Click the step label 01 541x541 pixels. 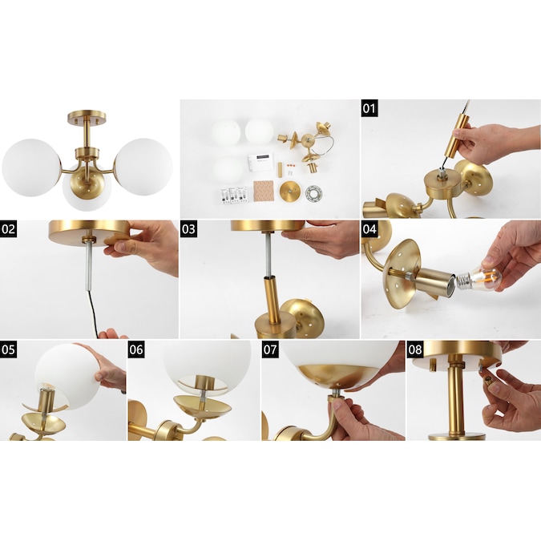[369, 108]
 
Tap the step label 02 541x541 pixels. [8, 228]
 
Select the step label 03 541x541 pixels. [188, 228]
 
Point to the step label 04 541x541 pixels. [369, 228]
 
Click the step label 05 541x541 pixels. [8, 349]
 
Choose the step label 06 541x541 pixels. [136, 349]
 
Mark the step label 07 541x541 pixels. [270, 349]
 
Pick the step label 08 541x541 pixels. [415, 349]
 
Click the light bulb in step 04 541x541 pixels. [479, 278]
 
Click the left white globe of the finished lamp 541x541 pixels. [31, 168]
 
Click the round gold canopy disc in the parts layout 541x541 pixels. [290, 192]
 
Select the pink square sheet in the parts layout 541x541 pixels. [264, 192]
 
